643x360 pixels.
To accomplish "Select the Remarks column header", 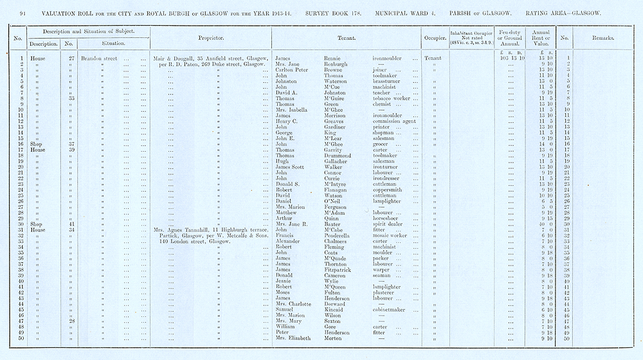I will tap(602, 38).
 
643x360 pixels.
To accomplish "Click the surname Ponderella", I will tap(329, 235).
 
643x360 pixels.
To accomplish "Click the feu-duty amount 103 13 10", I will tap(512, 58).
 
